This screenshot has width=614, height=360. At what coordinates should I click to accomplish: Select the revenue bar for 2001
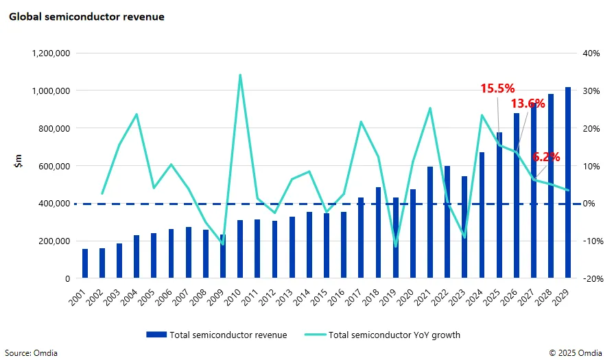click(85, 264)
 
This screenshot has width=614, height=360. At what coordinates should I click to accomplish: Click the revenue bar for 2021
click(430, 223)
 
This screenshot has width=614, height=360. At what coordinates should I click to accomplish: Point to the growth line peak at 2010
click(240, 75)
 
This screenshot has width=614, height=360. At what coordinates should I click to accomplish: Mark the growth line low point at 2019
click(395, 245)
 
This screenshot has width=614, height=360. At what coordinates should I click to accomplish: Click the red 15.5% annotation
click(497, 88)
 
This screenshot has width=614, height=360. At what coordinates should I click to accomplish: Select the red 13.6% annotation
click(528, 104)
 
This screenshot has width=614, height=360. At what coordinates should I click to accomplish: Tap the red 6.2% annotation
click(546, 156)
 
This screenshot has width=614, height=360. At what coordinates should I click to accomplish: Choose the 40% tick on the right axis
click(590, 53)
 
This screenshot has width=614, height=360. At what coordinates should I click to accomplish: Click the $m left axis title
click(19, 163)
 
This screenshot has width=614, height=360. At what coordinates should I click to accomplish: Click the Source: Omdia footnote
click(33, 352)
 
